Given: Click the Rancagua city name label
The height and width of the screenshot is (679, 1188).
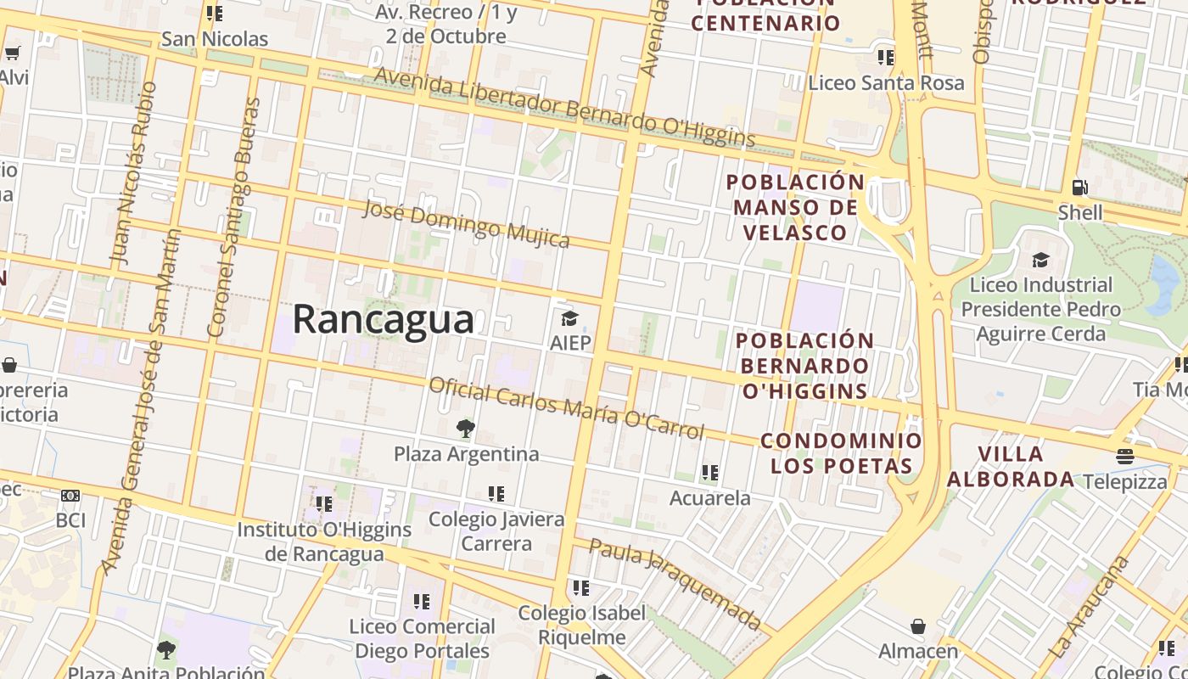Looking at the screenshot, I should tap(384, 320).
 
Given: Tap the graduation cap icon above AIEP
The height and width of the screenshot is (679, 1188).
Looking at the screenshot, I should tap(569, 318).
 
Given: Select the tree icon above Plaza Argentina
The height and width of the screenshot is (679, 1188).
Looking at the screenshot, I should tap(465, 429).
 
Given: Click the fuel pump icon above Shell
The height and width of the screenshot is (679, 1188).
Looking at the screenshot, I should tap(1079, 187).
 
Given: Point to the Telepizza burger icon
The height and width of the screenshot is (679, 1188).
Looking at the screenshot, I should tap(1125, 457).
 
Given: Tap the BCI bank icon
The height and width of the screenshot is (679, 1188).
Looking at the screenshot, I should tap(70, 495).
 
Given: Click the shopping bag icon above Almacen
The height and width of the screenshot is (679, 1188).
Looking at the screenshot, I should tap(917, 627).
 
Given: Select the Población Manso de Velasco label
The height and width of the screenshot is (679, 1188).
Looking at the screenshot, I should tap(795, 207).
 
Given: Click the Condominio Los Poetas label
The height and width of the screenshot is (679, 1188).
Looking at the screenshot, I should tap(841, 452).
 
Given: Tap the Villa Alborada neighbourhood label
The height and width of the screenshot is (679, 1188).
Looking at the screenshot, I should tap(1010, 466).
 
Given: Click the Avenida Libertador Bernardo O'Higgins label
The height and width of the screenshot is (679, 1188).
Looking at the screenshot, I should tap(564, 106).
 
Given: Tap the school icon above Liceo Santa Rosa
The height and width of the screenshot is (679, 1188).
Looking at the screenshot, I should tap(885, 58).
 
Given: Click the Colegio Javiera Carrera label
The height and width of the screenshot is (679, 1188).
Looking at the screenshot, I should tap(496, 530).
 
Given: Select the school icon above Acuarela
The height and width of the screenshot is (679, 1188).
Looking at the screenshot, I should tap(709, 473).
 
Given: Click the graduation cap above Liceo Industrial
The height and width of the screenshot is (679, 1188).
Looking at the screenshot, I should tap(1040, 260).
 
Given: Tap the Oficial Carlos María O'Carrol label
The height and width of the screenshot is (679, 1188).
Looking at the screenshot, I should tap(566, 408).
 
